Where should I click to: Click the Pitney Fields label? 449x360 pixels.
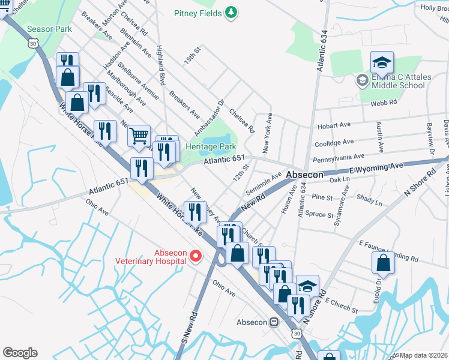pyautogui.click(x=198, y=13)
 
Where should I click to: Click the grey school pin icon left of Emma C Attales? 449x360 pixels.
pyautogui.click(x=362, y=80)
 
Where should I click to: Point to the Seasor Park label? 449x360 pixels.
pyautogui.click(x=49, y=29)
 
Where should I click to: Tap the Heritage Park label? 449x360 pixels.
pyautogui.click(x=211, y=147)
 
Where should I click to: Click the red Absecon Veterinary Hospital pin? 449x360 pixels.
pyautogui.click(x=195, y=256)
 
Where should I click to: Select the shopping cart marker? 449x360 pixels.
pyautogui.click(x=139, y=136)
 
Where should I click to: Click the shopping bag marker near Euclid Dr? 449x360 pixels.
pyautogui.click(x=383, y=262)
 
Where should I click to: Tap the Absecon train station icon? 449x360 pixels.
pyautogui.click(x=274, y=322)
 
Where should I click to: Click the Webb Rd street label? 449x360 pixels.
pyautogui.click(x=384, y=103)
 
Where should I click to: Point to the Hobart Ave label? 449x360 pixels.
pyautogui.click(x=334, y=126)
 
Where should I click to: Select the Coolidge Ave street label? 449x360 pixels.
pyautogui.click(x=334, y=143)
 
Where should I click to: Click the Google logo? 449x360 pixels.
pyautogui.click(x=20, y=353)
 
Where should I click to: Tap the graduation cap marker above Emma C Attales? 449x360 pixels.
pyautogui.click(x=382, y=62)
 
